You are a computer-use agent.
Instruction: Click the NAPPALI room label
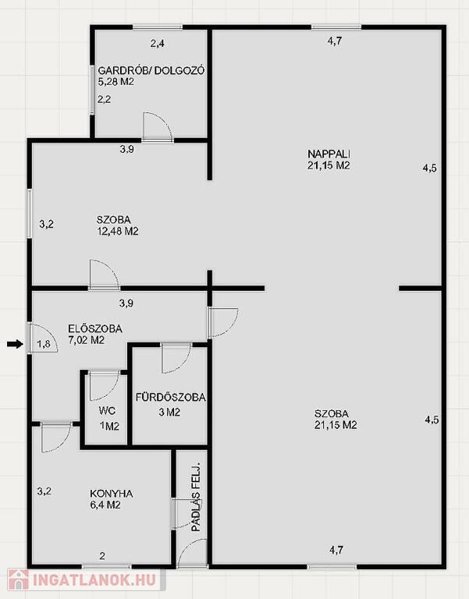tap(329, 154)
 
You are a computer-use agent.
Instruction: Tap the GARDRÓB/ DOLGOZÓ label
tap(151, 71)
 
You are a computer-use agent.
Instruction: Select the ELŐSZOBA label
tap(95, 328)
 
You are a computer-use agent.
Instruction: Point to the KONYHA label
tap(112, 494)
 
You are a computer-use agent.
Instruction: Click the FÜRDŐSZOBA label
tap(170, 397)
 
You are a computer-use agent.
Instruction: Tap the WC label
tap(107, 411)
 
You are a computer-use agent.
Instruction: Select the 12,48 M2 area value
tap(118, 231)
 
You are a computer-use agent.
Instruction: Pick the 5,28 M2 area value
tap(116, 82)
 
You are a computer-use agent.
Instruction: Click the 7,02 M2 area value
tap(86, 340)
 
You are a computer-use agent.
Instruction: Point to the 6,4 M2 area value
tap(105, 505)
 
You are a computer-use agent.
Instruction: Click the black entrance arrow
tap(16, 345)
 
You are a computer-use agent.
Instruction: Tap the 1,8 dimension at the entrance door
tap(44, 344)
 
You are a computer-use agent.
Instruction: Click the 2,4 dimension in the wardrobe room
tap(157, 44)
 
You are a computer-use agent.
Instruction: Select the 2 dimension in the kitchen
tap(102, 556)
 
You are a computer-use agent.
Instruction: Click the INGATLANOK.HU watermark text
tap(94, 580)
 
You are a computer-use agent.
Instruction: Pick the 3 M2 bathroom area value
tap(169, 412)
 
